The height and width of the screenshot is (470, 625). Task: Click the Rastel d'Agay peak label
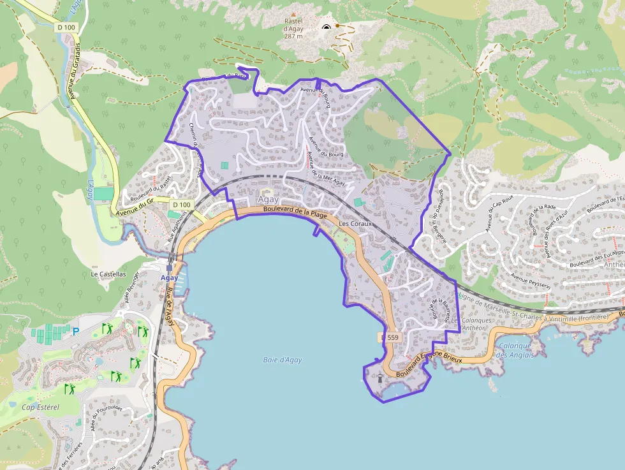(x=293, y=28)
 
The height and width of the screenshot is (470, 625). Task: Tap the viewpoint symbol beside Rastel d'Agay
(x=327, y=27)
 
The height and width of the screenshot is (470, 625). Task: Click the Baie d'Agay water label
(x=282, y=360)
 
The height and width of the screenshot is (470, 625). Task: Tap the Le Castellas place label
(x=108, y=274)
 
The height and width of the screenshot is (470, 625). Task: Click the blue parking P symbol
(x=76, y=331)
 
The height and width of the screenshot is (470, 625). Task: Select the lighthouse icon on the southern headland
(x=381, y=377)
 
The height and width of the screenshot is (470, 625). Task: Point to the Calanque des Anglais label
(x=514, y=351)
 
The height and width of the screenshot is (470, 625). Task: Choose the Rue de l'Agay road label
(x=169, y=305)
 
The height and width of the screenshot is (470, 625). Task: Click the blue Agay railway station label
(x=168, y=278)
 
